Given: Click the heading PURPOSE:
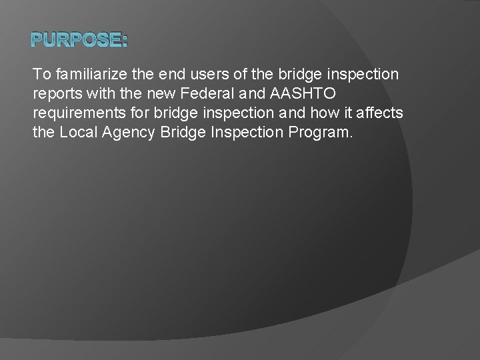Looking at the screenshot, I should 79,41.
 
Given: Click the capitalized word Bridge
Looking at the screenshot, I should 184,132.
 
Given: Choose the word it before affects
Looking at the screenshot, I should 349,113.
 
